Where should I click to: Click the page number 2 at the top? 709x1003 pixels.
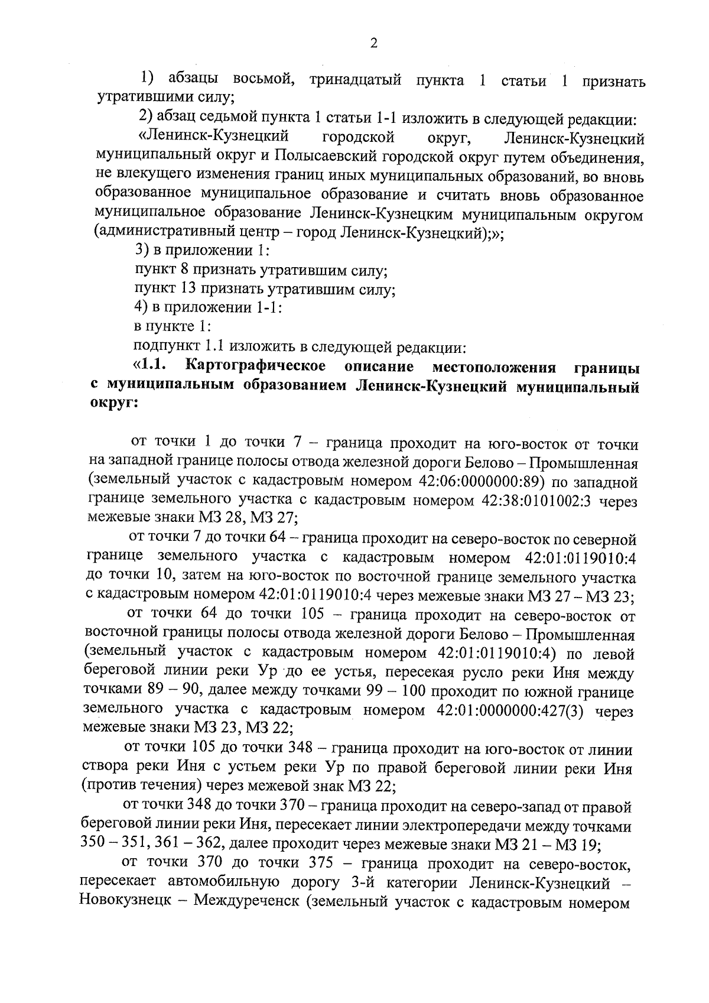point(373,44)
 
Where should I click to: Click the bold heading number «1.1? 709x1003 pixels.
point(152,367)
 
